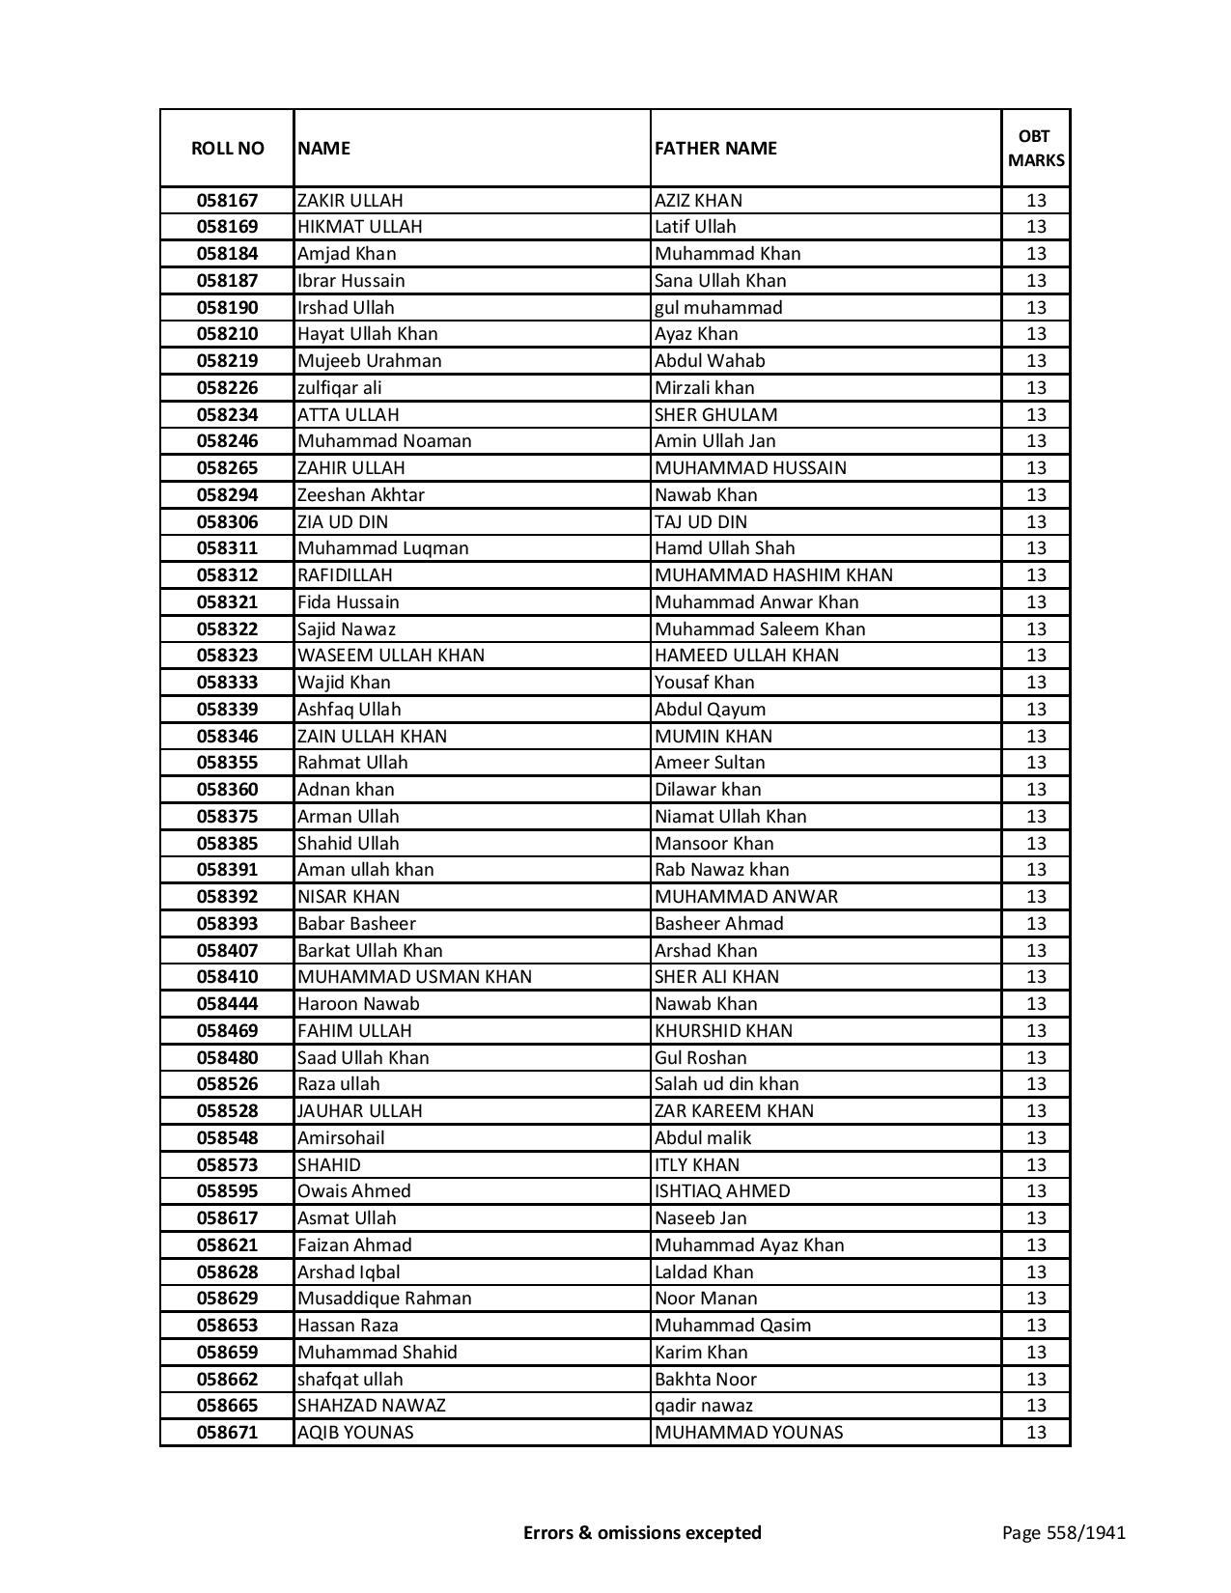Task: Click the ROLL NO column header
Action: tap(227, 148)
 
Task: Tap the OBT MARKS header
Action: tap(1036, 148)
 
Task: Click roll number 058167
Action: tap(227, 201)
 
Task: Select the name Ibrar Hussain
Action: tap(351, 281)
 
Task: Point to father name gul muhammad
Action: tap(718, 308)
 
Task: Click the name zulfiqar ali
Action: tap(340, 388)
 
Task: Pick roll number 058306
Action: tap(227, 522)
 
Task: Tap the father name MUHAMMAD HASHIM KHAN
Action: tap(773, 575)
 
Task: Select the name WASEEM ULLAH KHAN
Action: tap(391, 656)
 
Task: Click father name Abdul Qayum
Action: tap(710, 710)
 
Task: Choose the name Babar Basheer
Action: tap(356, 924)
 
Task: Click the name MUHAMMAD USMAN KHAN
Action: tap(414, 977)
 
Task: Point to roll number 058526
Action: tap(227, 1084)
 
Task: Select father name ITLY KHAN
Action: tap(697, 1165)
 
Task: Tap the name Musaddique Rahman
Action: tap(384, 1299)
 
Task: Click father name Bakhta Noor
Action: tap(706, 1380)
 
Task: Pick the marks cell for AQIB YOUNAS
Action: tap(1036, 1433)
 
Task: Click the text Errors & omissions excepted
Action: tap(642, 1533)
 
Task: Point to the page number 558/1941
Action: tap(1064, 1533)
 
